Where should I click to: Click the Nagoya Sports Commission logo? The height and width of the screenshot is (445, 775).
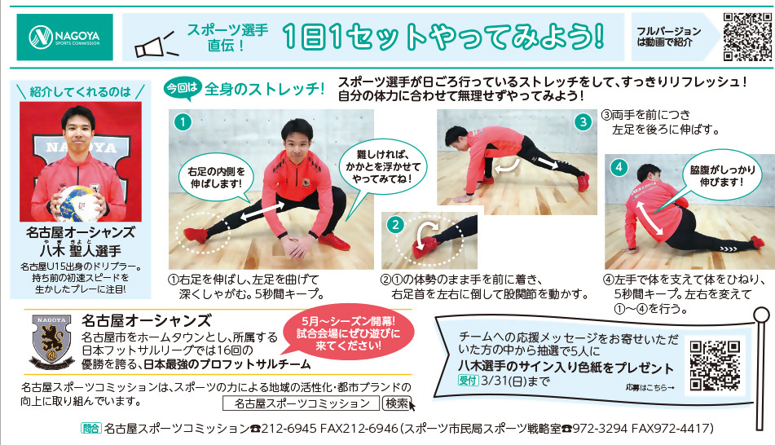pos(64,37)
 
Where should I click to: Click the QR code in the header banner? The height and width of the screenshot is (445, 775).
pos(746,37)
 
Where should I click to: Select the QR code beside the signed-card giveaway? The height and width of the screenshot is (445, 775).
pos(714,365)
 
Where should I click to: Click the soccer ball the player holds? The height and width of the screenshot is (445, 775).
pos(77,203)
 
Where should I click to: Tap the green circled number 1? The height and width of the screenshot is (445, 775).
pos(183,121)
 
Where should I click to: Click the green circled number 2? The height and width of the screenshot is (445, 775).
pos(395,225)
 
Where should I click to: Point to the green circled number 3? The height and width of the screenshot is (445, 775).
pos(583,121)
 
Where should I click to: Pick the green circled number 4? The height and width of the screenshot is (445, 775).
pos(619,167)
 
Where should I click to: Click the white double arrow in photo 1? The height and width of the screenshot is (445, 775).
pos(262,212)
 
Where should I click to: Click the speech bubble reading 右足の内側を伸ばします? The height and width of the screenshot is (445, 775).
pos(217,178)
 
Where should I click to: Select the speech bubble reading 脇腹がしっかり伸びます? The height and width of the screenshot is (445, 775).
pos(722,176)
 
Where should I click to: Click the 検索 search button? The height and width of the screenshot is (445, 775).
pos(397,403)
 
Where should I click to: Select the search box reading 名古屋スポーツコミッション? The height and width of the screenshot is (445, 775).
pos(301,403)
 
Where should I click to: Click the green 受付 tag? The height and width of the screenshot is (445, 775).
pos(468,381)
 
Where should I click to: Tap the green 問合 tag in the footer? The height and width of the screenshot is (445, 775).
pos(91,428)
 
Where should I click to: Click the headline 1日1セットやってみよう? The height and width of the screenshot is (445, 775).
pos(443,37)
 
